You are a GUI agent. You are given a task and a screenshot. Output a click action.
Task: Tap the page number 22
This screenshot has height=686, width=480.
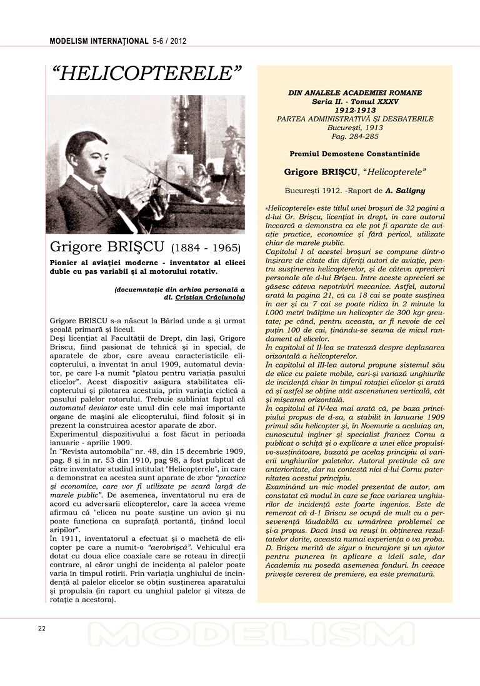click(x=41, y=628)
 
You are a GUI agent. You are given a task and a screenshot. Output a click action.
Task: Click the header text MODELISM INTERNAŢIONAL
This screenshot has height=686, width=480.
click(x=99, y=41)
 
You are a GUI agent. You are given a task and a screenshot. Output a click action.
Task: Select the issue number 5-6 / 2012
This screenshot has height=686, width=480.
click(x=169, y=41)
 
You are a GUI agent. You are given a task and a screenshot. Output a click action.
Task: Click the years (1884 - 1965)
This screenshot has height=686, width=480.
click(x=206, y=248)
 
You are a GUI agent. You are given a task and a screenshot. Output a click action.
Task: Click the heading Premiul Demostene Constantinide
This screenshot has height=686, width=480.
click(x=355, y=153)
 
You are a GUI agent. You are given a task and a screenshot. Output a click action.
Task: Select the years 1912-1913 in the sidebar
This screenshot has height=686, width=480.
click(x=355, y=109)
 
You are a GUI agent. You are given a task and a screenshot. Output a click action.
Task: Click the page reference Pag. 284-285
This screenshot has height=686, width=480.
click(x=355, y=136)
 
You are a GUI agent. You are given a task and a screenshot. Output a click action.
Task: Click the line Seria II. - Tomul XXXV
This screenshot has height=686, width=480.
click(x=355, y=101)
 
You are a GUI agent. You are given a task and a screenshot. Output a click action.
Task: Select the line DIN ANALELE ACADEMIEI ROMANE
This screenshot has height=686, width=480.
click(x=355, y=92)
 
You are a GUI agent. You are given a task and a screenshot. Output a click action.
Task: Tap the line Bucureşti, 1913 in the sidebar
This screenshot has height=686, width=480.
click(x=355, y=127)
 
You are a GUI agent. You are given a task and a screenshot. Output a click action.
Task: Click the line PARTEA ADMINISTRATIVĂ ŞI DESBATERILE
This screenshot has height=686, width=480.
click(x=355, y=118)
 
